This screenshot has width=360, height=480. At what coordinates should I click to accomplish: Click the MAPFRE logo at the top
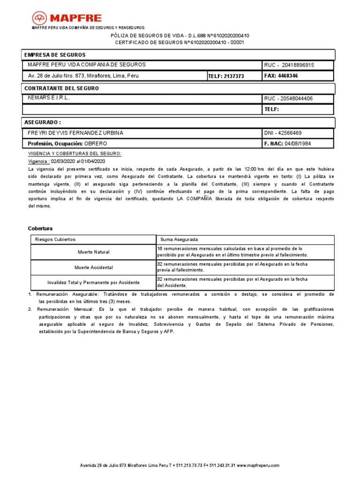coord(67,18)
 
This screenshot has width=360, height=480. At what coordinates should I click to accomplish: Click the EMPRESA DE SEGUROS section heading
coord(55,55)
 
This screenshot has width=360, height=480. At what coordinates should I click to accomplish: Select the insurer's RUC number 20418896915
coord(295,65)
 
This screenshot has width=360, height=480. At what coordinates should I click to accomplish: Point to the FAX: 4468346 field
coord(281,75)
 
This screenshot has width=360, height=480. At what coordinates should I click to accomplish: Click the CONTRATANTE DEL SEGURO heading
coord(61,88)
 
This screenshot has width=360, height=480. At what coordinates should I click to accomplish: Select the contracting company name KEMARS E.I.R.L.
coord(49,98)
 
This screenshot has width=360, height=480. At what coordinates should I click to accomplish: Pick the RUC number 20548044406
coord(296,98)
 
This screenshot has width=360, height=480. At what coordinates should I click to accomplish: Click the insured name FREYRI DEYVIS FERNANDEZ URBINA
coord(75,133)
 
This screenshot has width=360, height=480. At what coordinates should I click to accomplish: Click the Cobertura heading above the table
coord(40,228)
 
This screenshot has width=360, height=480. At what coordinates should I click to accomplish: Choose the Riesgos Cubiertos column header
coord(55,240)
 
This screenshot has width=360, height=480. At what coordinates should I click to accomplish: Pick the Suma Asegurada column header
coord(179,240)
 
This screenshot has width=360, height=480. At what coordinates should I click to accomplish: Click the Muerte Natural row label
coord(93,252)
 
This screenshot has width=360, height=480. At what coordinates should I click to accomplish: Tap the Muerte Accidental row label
coord(93,268)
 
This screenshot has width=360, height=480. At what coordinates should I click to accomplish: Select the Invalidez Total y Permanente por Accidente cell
coord(93,283)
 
